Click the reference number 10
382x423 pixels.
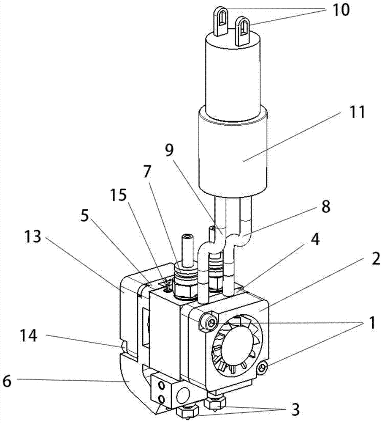(341, 10)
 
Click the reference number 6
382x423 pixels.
(7, 381)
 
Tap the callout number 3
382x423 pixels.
(295, 409)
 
